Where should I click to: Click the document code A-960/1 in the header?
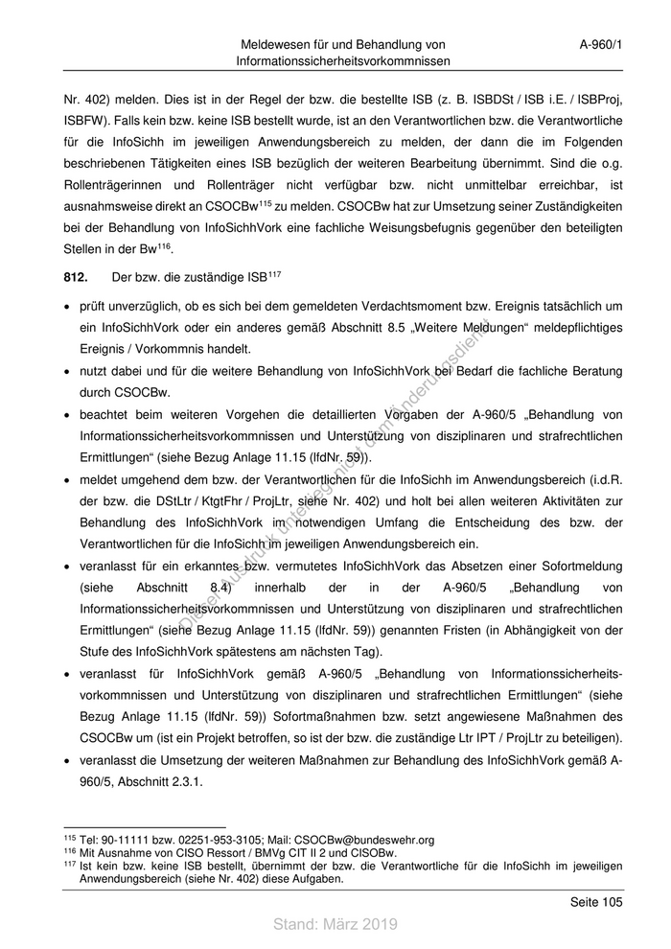pos(601,44)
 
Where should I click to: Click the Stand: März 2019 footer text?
pos(335,924)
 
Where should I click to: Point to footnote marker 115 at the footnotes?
pos(68,839)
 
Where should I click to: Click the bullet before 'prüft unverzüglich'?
pos(64,307)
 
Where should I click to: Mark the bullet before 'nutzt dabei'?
pos(64,370)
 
